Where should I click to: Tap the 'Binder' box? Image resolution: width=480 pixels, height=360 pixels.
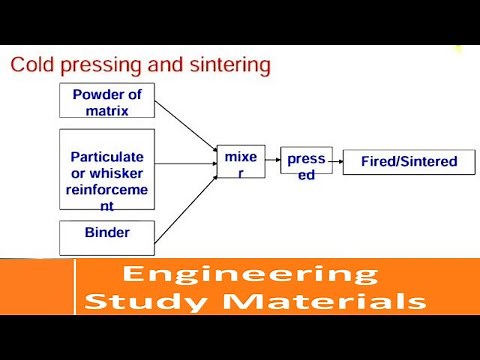[x=107, y=236]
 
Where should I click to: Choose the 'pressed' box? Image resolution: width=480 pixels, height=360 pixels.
[x=303, y=164]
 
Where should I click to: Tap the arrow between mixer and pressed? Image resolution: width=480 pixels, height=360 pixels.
[x=273, y=162]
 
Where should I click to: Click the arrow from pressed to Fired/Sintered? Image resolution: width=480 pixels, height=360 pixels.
[x=334, y=162]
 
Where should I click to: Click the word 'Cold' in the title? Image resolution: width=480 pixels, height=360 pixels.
[x=31, y=67]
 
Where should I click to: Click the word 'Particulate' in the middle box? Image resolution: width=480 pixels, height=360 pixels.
[x=107, y=157]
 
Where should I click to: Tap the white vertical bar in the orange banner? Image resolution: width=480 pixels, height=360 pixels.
[x=75, y=288]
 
